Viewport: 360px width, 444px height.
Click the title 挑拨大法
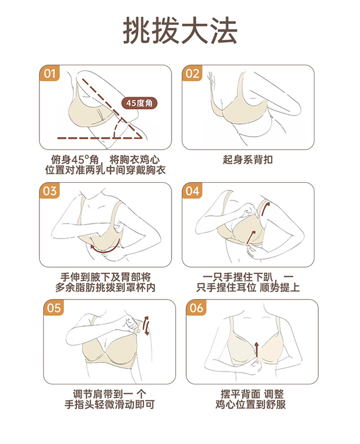180,30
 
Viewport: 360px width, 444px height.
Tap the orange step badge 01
49,73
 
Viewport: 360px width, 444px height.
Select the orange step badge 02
192,73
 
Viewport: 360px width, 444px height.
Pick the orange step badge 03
49,191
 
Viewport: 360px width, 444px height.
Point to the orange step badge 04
192,191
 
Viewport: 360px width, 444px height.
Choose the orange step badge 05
54,307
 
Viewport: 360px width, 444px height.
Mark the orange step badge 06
196,307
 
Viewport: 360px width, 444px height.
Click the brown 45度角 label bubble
139,103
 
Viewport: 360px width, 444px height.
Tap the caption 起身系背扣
247,160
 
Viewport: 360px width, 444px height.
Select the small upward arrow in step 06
256,350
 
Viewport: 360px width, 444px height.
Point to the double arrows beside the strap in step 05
146,325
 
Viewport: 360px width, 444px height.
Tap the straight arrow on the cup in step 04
250,237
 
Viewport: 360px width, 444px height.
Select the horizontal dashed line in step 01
100,138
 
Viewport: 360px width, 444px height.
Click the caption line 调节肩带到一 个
110,394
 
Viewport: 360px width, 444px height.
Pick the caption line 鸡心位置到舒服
250,404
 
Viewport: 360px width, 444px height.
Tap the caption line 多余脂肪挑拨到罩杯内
105,287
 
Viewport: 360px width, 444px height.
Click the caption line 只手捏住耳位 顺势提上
248,287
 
